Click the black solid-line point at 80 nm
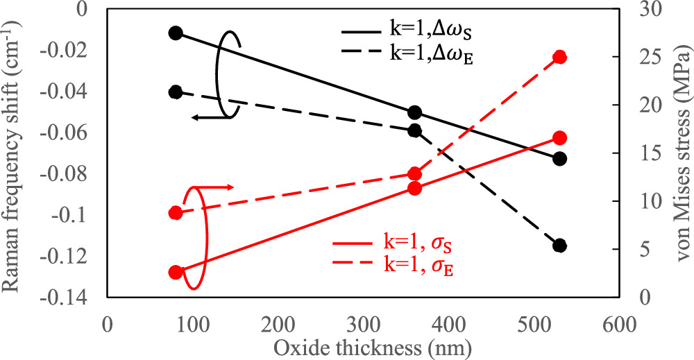click(176, 33)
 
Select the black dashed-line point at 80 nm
click(176, 92)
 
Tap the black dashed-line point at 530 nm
click(560, 246)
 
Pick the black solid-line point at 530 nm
click(560, 159)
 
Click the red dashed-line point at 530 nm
click(560, 57)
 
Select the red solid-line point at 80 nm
click(176, 273)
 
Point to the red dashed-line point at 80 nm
click(176, 213)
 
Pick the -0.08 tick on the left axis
click(77, 173)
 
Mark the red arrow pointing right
click(215, 187)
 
